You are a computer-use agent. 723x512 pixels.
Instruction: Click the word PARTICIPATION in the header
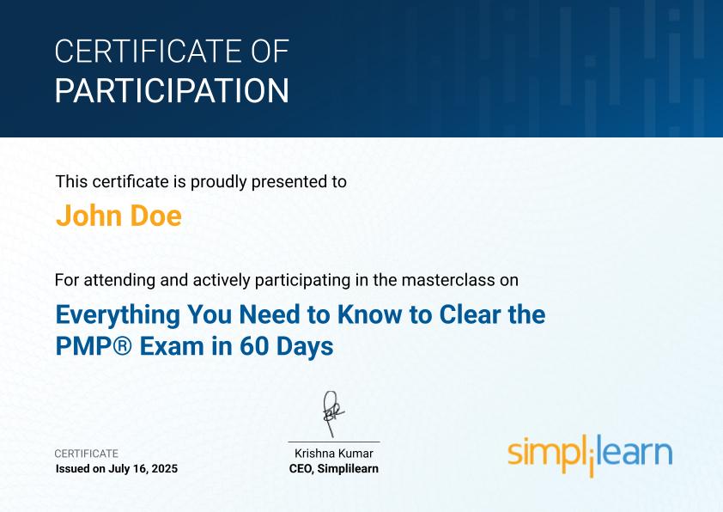point(172,90)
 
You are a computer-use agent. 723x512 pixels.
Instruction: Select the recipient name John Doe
point(118,216)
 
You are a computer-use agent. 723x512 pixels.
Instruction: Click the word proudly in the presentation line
point(219,182)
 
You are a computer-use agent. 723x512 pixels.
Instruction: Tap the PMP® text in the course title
point(94,346)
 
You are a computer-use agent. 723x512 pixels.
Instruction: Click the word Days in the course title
point(304,347)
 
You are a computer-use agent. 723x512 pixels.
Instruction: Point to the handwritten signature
point(332,413)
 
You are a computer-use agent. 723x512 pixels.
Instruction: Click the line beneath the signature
point(334,442)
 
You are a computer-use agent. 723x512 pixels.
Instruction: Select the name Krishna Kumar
point(334,454)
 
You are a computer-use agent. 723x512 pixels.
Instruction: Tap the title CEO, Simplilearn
point(334,469)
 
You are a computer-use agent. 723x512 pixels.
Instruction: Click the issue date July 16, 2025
point(143,469)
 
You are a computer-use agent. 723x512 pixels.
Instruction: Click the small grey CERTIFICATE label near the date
point(86,454)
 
